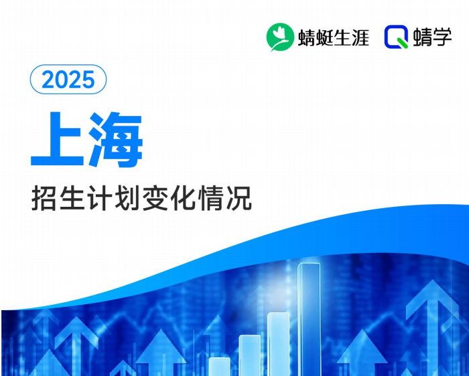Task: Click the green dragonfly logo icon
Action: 280,38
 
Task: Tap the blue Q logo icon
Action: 397,38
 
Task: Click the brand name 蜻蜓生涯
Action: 334,38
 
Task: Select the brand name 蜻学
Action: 433,38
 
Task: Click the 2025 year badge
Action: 68,80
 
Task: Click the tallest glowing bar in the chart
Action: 309,316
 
